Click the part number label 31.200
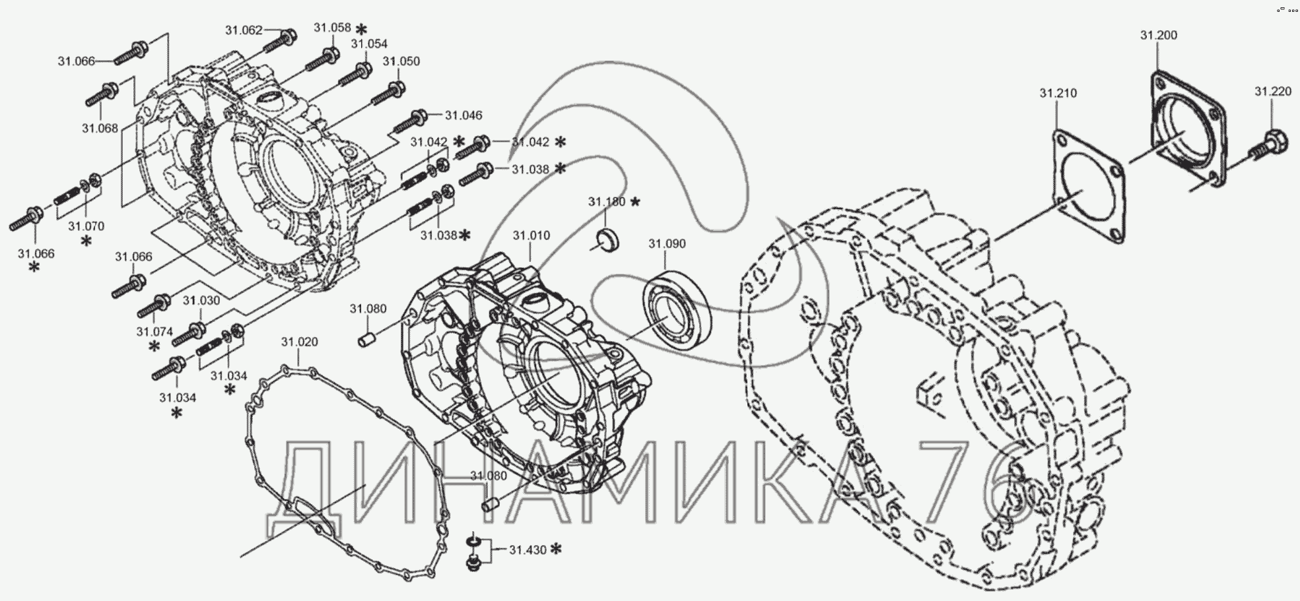pyautogui.click(x=1158, y=35)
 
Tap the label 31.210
pyautogui.click(x=1058, y=93)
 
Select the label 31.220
pyautogui.click(x=1273, y=92)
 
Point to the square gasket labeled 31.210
pyautogui.click(x=1088, y=189)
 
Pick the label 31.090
pyautogui.click(x=667, y=243)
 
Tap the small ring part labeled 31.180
pyautogui.click(x=607, y=239)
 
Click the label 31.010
pyautogui.click(x=531, y=236)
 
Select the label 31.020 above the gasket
pyautogui.click(x=299, y=342)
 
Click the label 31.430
pyautogui.click(x=528, y=549)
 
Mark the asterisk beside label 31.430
pyautogui.click(x=556, y=549)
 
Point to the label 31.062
pyautogui.click(x=244, y=30)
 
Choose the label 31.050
pyautogui.click(x=401, y=61)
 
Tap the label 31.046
pyautogui.click(x=463, y=115)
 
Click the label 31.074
pyautogui.click(x=154, y=332)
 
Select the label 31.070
pyautogui.click(x=86, y=226)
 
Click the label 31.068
pyautogui.click(x=100, y=128)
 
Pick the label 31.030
pyautogui.click(x=201, y=300)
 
